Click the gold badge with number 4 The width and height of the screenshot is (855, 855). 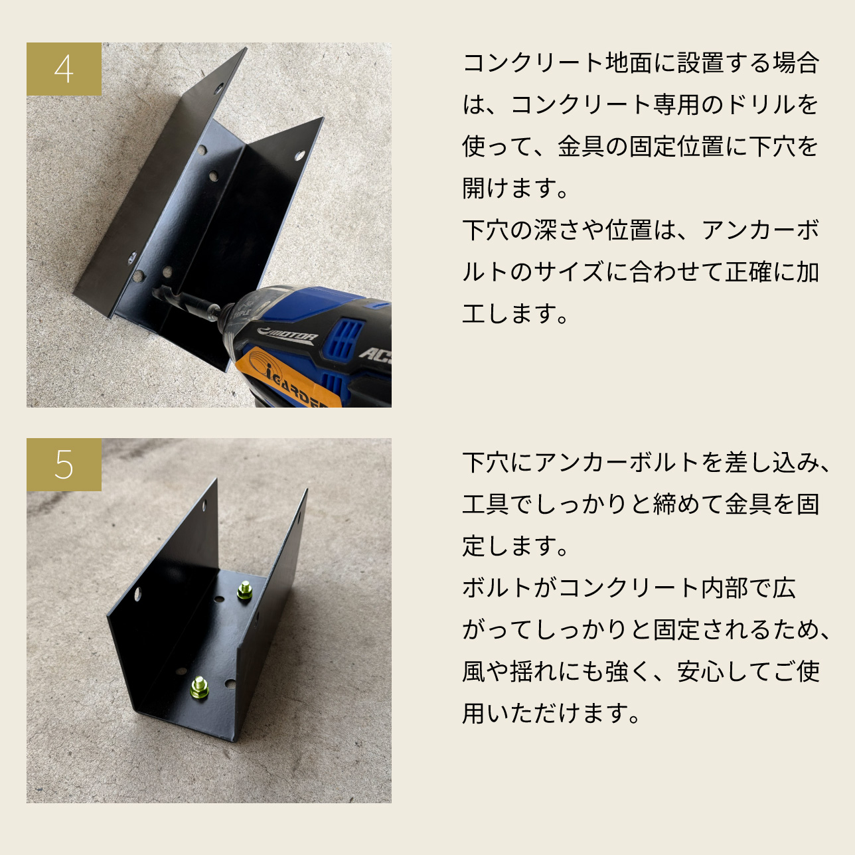point(64,69)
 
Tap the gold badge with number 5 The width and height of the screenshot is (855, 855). point(64,465)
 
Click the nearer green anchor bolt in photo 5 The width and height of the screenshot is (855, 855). point(199,688)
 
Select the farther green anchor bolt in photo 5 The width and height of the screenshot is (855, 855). point(244,591)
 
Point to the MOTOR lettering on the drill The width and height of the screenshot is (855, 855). point(287,335)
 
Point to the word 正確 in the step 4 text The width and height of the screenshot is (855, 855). point(748,272)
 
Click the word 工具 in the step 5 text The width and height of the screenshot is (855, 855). point(485,505)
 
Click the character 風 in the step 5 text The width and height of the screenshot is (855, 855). point(474,671)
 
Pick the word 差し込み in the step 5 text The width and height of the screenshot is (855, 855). point(771,463)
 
